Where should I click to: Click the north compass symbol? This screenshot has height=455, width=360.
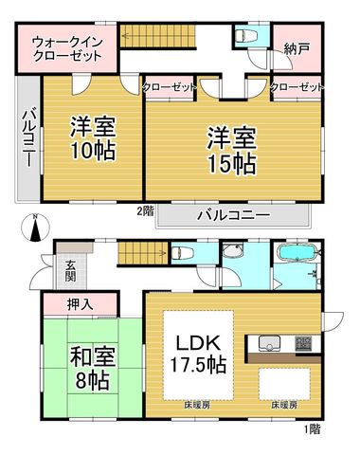(x=35, y=227)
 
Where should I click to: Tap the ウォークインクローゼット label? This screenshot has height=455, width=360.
(x=67, y=49)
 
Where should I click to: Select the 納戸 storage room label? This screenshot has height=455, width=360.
(x=297, y=49)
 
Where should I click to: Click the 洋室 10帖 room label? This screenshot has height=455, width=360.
(x=93, y=138)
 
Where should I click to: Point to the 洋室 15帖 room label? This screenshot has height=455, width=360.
(x=231, y=151)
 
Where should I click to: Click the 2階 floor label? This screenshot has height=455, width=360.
(x=145, y=210)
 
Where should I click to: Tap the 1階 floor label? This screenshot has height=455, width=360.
(x=313, y=429)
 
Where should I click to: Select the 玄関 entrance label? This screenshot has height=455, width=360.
(x=71, y=271)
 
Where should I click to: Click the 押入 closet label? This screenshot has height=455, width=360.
(x=80, y=304)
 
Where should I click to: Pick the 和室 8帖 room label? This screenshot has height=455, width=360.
(x=92, y=369)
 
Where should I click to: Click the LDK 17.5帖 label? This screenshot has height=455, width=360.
(x=198, y=355)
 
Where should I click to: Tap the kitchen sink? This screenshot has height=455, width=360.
(x=269, y=343)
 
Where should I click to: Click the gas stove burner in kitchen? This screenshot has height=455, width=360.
(x=303, y=343)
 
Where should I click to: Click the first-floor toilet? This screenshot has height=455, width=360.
(x=181, y=252)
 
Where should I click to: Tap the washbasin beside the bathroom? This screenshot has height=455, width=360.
(x=232, y=252)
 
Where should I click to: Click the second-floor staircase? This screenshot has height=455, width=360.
(x=158, y=36)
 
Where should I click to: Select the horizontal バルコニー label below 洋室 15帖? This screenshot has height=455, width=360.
(x=234, y=215)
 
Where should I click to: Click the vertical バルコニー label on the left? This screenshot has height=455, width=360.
(x=28, y=137)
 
